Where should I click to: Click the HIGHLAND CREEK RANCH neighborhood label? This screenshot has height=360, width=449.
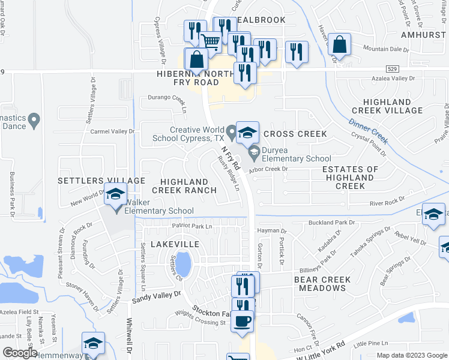pyautogui.click(x=184, y=185)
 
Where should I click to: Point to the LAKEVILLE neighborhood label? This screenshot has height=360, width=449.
pyautogui.click(x=175, y=244)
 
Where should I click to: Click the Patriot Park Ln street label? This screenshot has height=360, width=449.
pyautogui.click(x=193, y=226)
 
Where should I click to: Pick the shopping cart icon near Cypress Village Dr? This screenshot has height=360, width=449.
pyautogui.click(x=210, y=42)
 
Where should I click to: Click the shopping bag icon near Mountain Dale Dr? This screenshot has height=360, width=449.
pyautogui.click(x=340, y=45)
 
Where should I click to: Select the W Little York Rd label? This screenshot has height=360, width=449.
pyautogui.click(x=321, y=350)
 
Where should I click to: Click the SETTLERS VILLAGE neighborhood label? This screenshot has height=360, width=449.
pyautogui.click(x=101, y=180)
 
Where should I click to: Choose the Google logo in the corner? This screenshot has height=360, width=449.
pyautogui.click(x=20, y=352)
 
